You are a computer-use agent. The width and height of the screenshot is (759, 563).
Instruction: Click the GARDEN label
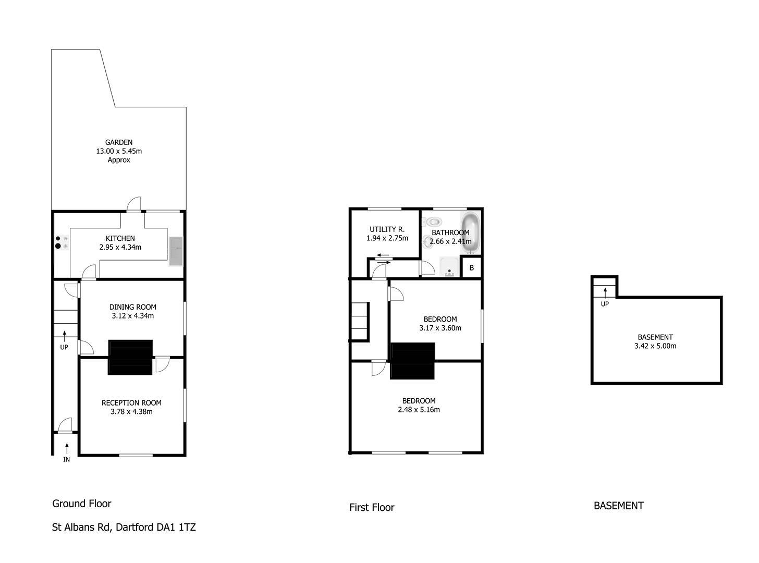119,142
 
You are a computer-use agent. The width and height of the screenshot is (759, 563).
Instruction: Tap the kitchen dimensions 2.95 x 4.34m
120,247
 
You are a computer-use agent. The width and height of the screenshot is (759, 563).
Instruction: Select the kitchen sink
176,251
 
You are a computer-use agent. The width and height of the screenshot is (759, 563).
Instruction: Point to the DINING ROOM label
133,307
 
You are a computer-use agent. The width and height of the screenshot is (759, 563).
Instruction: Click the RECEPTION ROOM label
131,403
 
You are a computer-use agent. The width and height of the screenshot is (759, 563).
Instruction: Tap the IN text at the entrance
66,460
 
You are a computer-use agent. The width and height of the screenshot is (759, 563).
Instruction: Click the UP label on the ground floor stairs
64,347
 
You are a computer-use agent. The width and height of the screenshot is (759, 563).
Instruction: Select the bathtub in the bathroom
471,232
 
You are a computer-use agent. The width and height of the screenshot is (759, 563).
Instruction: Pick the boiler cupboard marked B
472,267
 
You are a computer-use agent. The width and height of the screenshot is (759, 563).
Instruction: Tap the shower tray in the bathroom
449,267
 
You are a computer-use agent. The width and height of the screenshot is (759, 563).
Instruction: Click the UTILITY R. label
387,229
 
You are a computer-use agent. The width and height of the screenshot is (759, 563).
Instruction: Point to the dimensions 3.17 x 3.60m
440,328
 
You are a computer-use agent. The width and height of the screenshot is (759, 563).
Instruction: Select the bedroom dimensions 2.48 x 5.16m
419,409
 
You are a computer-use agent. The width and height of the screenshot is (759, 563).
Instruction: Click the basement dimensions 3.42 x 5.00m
655,346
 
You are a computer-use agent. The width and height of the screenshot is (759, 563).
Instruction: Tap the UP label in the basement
605,304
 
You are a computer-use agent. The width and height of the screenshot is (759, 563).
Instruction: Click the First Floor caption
372,507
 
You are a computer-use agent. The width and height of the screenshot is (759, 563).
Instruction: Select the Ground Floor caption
82,504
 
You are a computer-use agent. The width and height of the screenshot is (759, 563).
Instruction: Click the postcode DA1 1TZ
176,527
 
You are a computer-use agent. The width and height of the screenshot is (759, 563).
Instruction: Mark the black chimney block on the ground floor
130,357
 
